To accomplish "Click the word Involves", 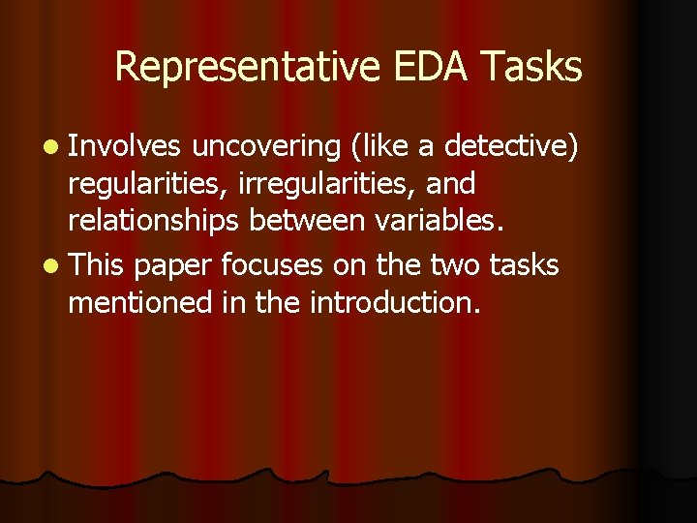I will point(125,146).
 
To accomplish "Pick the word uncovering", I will point(265,146).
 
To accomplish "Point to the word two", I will point(454,264).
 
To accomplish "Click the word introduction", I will point(396,304).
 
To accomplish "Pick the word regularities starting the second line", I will point(136,186).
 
